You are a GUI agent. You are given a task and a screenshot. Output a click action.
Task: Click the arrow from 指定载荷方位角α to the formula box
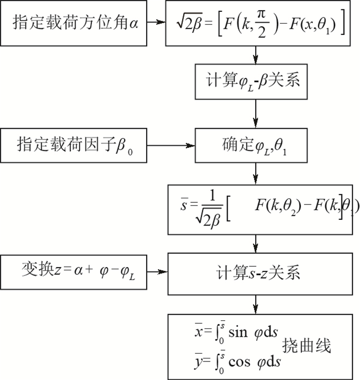(x=156, y=24)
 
